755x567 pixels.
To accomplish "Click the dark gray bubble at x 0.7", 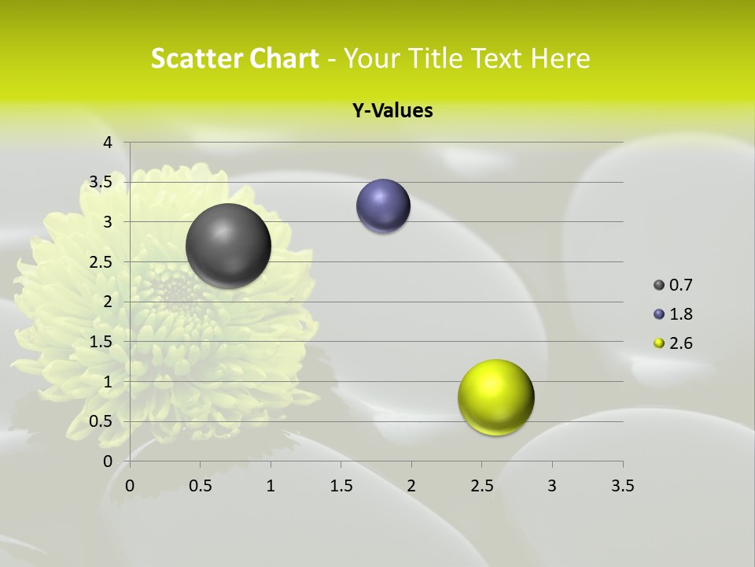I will click(228, 246).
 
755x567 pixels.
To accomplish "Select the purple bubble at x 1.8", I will click(383, 206).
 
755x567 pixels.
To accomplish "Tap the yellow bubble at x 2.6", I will click(495, 397).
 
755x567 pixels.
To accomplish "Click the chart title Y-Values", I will click(392, 111).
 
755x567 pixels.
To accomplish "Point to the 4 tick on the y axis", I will click(108, 143).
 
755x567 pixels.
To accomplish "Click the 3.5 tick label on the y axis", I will click(101, 182).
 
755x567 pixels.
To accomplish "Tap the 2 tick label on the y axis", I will click(108, 302).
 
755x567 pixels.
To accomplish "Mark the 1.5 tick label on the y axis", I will click(101, 342).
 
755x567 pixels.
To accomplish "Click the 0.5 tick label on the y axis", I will click(101, 421).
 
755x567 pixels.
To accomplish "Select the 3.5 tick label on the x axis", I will click(622, 486).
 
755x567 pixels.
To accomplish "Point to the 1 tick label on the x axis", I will click(271, 486).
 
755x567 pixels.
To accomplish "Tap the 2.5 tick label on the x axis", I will click(481, 486).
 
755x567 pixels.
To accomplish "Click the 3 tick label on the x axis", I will click(552, 486).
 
